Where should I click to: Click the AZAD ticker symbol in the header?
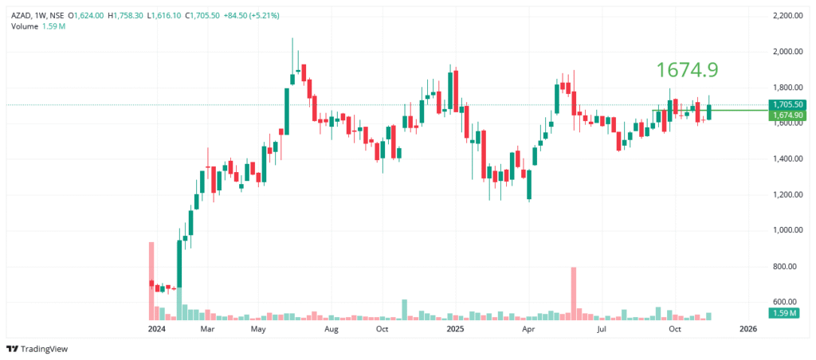pos(22,15)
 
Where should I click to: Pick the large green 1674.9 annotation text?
pos(687,70)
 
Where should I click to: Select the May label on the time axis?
pos(258,328)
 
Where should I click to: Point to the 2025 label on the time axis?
pos(455,328)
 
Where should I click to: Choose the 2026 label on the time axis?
pos(748,328)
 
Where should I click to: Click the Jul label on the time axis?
pos(602,328)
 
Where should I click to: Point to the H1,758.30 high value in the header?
pos(125,15)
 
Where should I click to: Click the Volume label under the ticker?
pos(24,26)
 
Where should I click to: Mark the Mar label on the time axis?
pos(207,328)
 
